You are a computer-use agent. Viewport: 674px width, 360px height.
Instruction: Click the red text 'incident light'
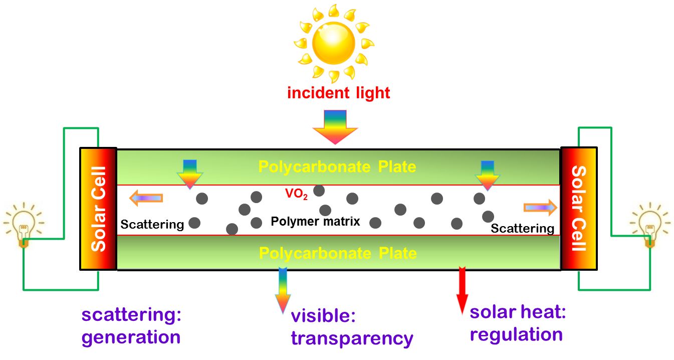pos(338,93)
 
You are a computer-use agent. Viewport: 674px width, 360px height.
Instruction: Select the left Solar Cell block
pos(98,209)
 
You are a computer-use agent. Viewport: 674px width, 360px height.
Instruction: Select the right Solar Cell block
pos(579,209)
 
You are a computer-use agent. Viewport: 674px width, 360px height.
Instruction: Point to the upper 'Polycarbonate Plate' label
pos(337,166)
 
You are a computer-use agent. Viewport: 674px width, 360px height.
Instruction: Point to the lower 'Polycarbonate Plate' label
pos(337,253)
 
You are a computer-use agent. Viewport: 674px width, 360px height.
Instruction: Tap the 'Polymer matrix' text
pos(315,221)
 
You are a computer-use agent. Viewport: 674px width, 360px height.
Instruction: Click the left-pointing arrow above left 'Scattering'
pos(146,199)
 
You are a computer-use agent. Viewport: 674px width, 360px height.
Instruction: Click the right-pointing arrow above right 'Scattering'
pos(540,207)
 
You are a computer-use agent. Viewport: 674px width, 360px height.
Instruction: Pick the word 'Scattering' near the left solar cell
pos(152,224)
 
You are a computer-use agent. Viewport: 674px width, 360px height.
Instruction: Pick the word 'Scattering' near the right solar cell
pos(522,229)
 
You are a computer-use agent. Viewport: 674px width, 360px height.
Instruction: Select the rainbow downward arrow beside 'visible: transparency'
pos(283,290)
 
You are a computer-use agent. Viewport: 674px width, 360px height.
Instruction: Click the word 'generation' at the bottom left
pos(131,337)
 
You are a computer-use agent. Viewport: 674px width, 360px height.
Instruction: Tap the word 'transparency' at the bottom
pos(352,338)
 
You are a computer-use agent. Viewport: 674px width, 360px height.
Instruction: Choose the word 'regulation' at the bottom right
pos(516,334)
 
